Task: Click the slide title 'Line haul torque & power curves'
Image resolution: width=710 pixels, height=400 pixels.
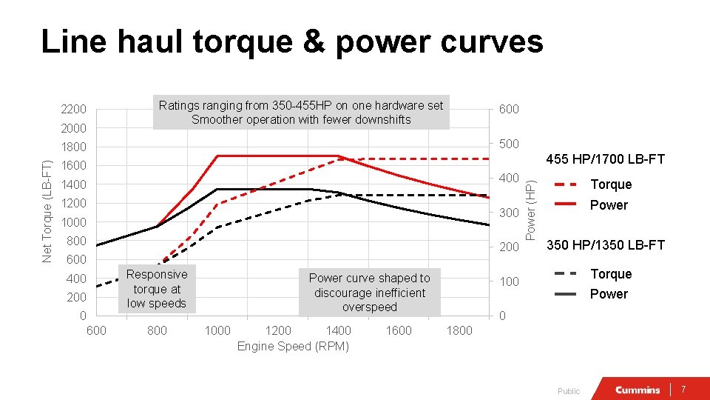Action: [x=292, y=42]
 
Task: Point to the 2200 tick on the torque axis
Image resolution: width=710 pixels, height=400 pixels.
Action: [x=74, y=110]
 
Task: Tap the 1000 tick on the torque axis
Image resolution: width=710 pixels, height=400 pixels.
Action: [x=74, y=222]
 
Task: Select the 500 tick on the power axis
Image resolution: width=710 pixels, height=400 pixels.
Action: [x=508, y=144]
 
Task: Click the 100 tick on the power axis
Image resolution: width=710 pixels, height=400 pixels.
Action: [x=508, y=282]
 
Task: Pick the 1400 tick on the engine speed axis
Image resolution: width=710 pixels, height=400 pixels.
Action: [x=338, y=330]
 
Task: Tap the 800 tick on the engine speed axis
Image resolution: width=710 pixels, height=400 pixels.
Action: [x=157, y=330]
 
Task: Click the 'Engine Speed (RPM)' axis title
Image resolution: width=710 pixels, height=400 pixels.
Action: [x=293, y=346]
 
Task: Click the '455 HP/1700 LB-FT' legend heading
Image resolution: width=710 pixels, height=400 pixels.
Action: [x=605, y=159]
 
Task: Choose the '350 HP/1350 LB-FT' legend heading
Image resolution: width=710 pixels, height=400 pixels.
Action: [x=605, y=245]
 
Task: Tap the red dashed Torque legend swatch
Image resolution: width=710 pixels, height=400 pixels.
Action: [x=566, y=184]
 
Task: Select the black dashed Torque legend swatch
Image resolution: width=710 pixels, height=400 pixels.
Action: [x=566, y=273]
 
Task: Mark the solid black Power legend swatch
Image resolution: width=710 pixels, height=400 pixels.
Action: [x=566, y=294]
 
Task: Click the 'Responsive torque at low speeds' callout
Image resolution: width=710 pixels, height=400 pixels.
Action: [x=157, y=289]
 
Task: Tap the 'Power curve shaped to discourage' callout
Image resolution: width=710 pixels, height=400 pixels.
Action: [x=369, y=293]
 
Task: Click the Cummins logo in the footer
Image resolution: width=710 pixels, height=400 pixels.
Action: [x=638, y=390]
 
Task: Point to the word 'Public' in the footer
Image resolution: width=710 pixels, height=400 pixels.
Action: [x=569, y=391]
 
